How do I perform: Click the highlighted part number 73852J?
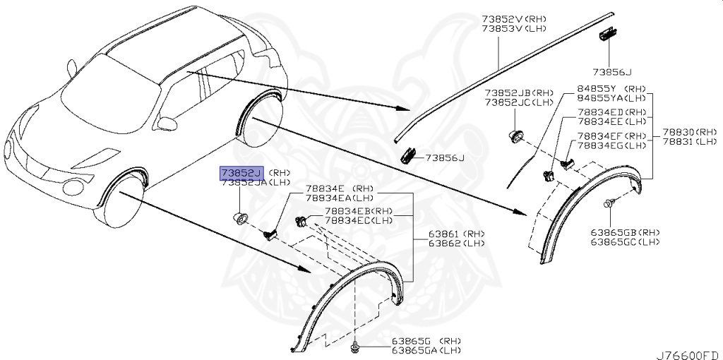[241, 172]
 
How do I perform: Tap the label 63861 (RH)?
[456, 233]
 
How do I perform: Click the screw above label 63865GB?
[608, 205]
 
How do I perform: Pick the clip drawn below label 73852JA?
[240, 216]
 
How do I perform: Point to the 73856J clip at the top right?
[607, 35]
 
